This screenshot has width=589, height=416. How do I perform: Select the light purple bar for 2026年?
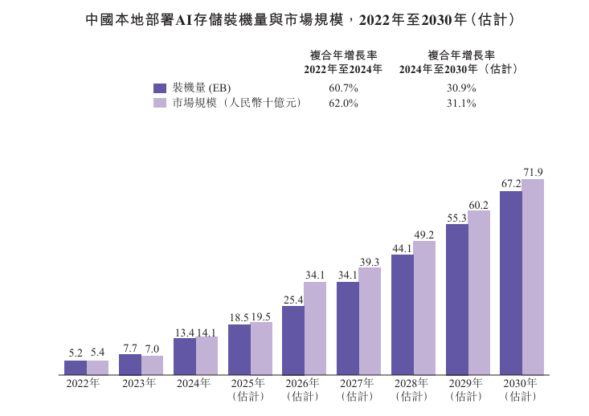(315, 328)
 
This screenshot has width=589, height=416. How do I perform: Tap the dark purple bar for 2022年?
(76, 367)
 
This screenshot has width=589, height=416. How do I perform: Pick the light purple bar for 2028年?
(424, 308)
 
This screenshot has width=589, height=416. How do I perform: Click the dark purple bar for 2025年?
(239, 349)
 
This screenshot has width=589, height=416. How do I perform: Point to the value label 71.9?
(534, 172)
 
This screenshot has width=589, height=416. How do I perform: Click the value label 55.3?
(457, 218)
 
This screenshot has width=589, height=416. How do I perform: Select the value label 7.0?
(152, 349)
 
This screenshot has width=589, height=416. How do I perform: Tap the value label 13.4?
(184, 331)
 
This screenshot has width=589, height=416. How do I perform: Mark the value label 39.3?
(370, 261)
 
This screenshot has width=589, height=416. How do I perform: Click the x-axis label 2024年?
(195, 383)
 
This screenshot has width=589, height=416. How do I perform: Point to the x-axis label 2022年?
(86, 383)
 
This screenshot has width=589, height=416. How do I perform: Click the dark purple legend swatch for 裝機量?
(159, 88)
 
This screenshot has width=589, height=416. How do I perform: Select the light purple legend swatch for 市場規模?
(159, 103)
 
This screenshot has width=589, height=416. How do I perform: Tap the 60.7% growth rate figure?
(343, 88)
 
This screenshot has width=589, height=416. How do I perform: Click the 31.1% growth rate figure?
(461, 103)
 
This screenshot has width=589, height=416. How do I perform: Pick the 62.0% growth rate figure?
(343, 103)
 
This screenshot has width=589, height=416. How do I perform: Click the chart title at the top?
(294, 18)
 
